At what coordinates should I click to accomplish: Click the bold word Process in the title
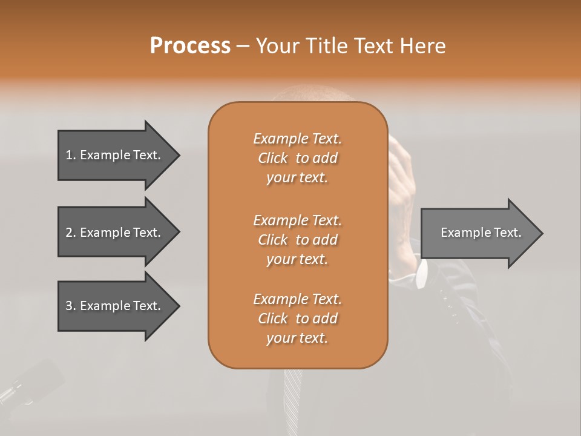[190, 45]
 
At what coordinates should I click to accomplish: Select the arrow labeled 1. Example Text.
[115, 155]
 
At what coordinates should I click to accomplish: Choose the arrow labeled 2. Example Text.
[115, 233]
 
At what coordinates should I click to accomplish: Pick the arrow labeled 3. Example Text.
[115, 306]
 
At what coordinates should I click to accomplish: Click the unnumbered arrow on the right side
[478, 233]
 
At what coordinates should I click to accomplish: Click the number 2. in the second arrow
[71, 233]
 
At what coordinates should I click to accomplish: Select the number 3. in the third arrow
[71, 306]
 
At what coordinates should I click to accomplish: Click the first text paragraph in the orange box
[297, 158]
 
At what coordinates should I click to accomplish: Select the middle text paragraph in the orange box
[297, 239]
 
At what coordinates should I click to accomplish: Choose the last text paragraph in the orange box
[297, 319]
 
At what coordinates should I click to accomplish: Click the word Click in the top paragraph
[273, 158]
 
